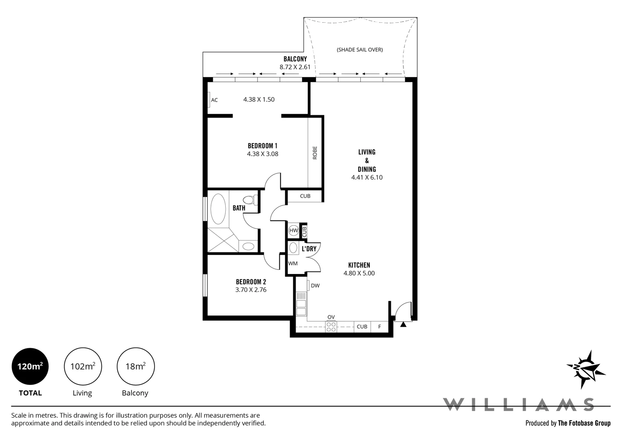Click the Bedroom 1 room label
click(x=262, y=146)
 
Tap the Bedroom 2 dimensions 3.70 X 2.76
click(x=251, y=290)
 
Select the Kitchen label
click(x=359, y=265)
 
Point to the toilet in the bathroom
click(x=251, y=200)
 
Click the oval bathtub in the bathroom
click(x=218, y=209)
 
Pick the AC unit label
click(x=214, y=100)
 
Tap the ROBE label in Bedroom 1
click(x=315, y=153)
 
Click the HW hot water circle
click(x=293, y=230)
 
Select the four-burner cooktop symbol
click(x=331, y=327)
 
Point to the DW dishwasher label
click(x=315, y=286)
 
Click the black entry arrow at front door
click(x=403, y=324)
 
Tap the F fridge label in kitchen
click(x=379, y=327)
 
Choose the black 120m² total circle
click(x=30, y=366)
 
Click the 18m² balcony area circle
click(x=135, y=366)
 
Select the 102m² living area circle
click(x=83, y=366)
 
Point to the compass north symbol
click(x=586, y=369)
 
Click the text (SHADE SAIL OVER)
click(x=360, y=50)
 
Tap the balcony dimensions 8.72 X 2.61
click(x=295, y=67)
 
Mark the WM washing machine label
click(x=293, y=263)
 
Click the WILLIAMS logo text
click(x=518, y=404)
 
